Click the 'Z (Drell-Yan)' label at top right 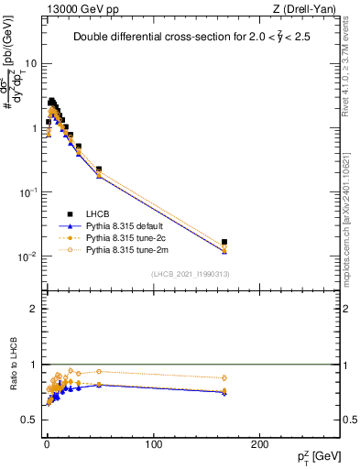click(x=304, y=8)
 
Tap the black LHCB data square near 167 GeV click(x=224, y=243)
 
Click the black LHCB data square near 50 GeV click(x=99, y=169)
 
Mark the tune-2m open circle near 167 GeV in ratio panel click(x=224, y=377)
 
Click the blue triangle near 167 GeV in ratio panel click(x=224, y=393)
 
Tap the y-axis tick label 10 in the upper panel click(x=30, y=64)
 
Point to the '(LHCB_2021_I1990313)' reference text click(x=191, y=275)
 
